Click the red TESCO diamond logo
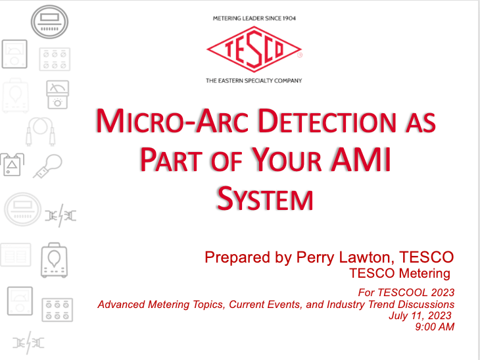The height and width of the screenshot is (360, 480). coord(254,49)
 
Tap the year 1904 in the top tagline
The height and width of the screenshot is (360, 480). coord(289,18)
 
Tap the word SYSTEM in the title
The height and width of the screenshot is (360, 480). coord(265,199)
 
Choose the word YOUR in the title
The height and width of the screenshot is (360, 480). coord(288,160)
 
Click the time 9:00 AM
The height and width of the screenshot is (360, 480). coord(435,327)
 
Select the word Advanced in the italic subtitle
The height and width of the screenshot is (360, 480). coord(122,305)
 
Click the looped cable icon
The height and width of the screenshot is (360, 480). coord(40,132)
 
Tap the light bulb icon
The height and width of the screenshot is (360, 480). coord(48,166)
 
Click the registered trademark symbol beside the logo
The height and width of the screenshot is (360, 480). coord(300,55)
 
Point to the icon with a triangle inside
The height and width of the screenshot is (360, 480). coord(12,165)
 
